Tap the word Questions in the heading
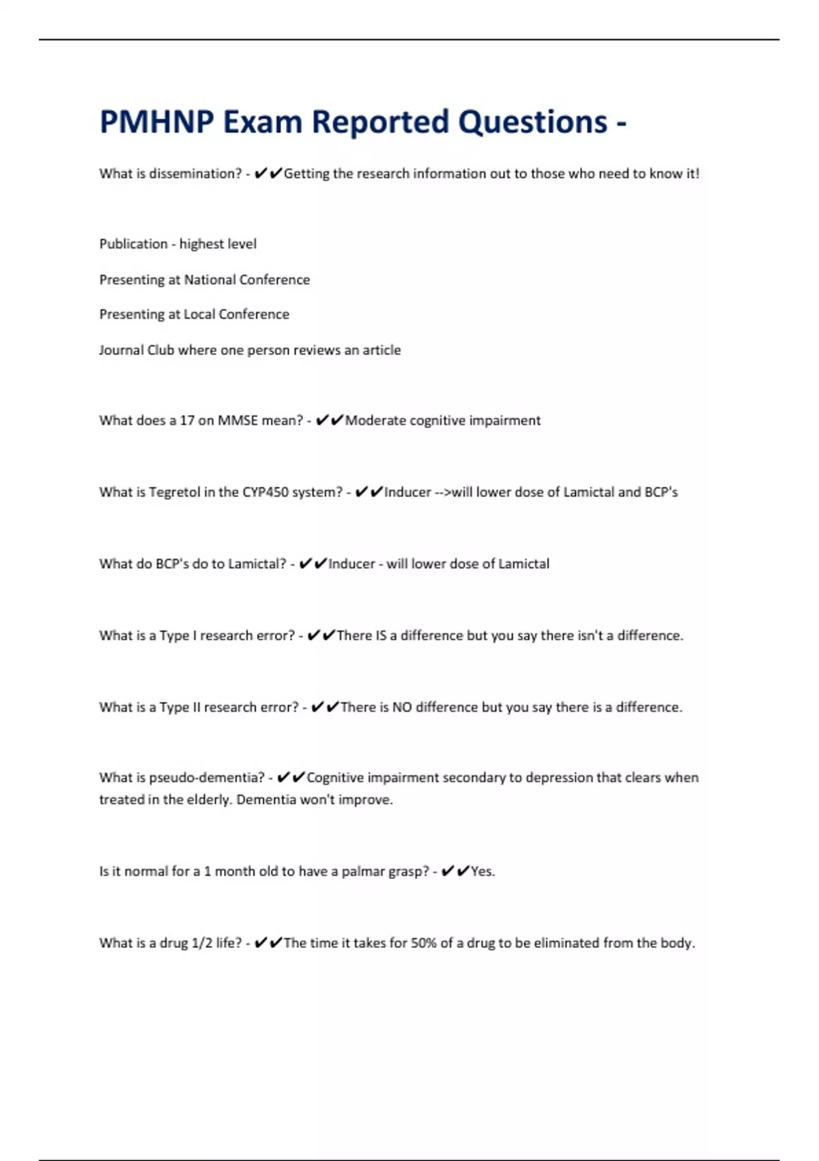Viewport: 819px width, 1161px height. click(x=532, y=122)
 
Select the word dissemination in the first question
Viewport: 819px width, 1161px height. click(x=195, y=173)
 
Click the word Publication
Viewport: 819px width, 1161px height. click(x=133, y=244)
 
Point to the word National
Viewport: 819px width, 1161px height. click(x=210, y=279)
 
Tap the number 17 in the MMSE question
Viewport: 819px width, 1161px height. click(x=187, y=421)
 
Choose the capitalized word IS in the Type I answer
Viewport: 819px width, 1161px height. click(x=381, y=636)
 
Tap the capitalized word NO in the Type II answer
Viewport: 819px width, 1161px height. click(x=402, y=708)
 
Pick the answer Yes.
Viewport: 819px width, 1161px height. click(x=482, y=871)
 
